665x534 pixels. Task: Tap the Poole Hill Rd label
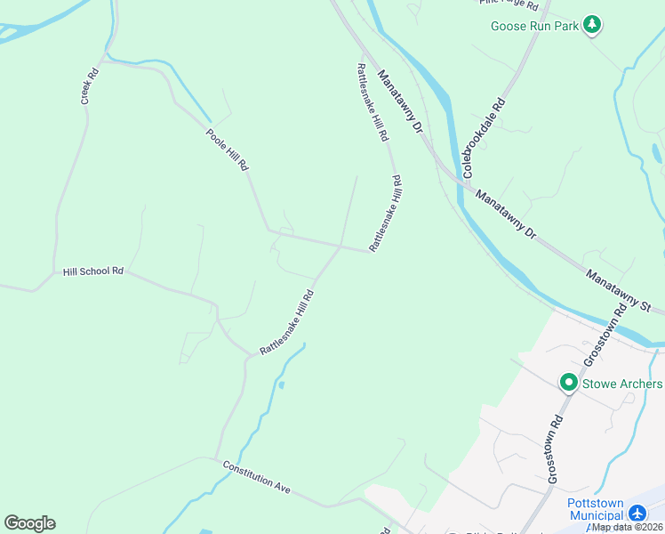click(227, 150)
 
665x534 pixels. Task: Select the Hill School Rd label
click(92, 271)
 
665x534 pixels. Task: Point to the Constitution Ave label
click(257, 477)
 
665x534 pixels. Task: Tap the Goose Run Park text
click(535, 26)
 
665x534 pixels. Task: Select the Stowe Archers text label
click(622, 384)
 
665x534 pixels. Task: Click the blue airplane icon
click(637, 514)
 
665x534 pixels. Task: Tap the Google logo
click(29, 523)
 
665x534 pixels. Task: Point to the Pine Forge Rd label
click(509, 4)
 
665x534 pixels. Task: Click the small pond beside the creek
click(281, 384)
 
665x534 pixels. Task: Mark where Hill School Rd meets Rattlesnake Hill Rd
click(252, 356)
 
